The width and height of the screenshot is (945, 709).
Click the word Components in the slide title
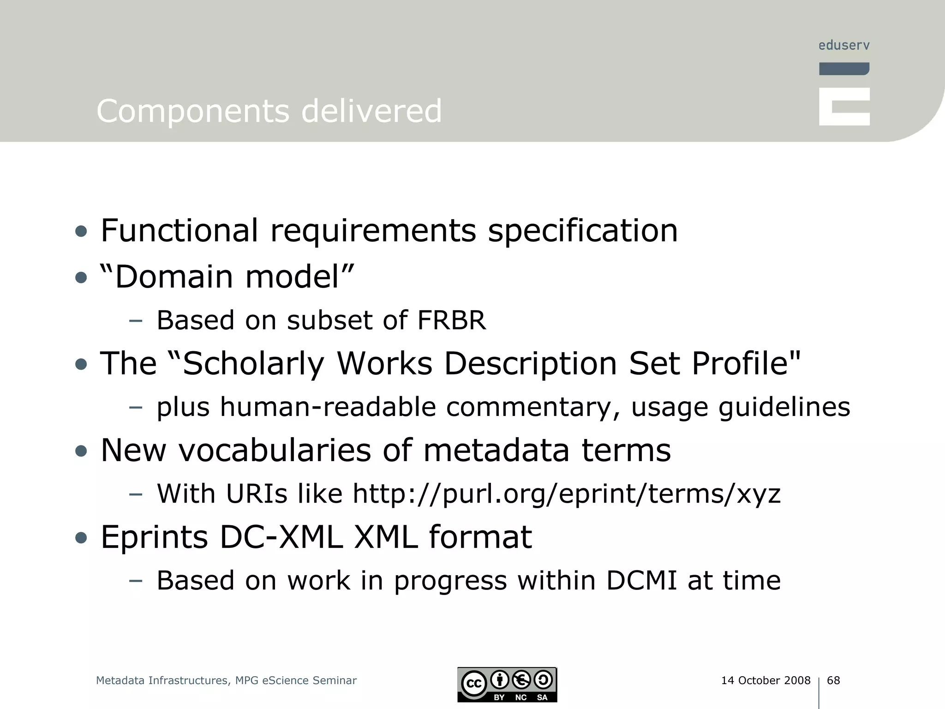[192, 111]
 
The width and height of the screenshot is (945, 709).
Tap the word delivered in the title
[371, 111]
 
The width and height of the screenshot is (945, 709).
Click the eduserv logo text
[844, 45]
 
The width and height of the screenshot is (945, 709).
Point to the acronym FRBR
[452, 320]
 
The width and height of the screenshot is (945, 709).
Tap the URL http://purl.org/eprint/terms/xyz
[567, 493]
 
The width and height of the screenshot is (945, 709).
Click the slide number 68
[833, 680]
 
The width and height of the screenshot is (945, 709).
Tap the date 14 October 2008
[766, 680]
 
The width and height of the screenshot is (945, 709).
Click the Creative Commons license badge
[507, 685]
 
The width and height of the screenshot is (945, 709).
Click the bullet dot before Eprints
[81, 537]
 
